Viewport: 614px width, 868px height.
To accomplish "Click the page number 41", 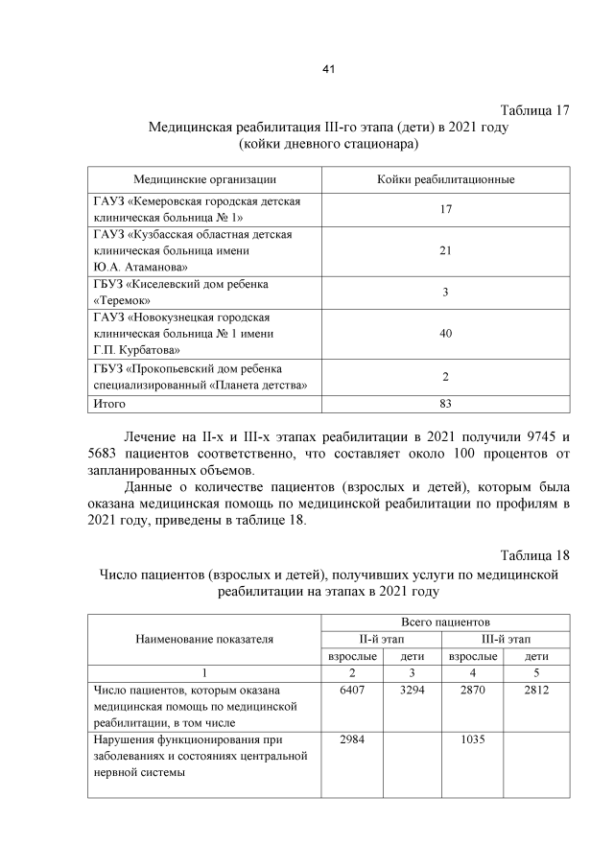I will pyautogui.click(x=328, y=69).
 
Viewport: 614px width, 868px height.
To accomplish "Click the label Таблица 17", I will pyautogui.click(x=535, y=109).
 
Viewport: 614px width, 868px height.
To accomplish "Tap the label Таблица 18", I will pyautogui.click(x=535, y=556).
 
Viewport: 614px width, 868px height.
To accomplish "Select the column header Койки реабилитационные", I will pyautogui.click(x=446, y=179).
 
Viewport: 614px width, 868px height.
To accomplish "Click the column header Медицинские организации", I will pyautogui.click(x=205, y=179).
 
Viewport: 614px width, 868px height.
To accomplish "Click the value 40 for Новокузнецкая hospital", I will pyautogui.click(x=446, y=333).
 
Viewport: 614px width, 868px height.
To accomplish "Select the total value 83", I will pyautogui.click(x=446, y=404).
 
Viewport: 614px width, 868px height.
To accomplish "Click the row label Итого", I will pyautogui.click(x=109, y=404).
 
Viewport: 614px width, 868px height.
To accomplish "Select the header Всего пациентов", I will pyautogui.click(x=446, y=622).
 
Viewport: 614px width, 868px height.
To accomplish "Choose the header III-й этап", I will pyautogui.click(x=506, y=639).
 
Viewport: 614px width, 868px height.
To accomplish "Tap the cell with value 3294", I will pyautogui.click(x=411, y=691).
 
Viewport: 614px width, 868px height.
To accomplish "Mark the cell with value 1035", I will pyautogui.click(x=473, y=739).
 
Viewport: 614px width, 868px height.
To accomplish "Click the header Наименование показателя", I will pyautogui.click(x=204, y=639).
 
